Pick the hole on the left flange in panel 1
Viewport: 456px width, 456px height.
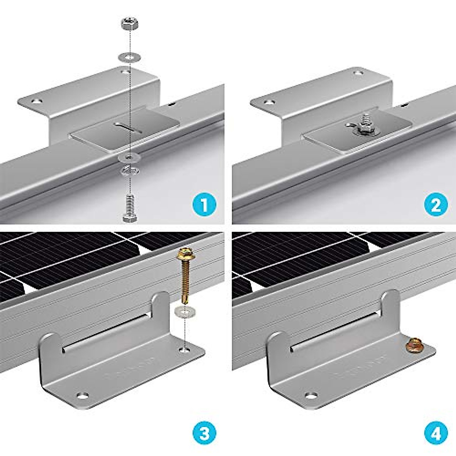point(36,101)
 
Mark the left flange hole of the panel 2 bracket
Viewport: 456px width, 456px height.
point(269,102)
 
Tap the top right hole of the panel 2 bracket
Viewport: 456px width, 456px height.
point(357,72)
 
